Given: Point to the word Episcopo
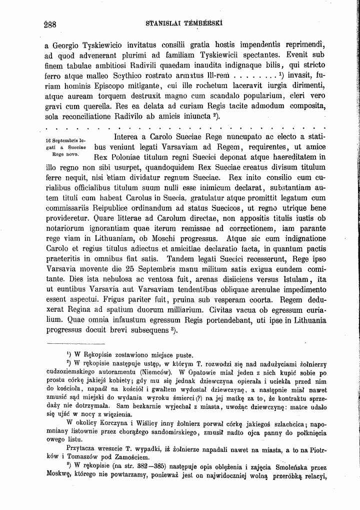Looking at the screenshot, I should pos(100,86).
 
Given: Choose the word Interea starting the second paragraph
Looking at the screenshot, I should pos(129,137).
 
